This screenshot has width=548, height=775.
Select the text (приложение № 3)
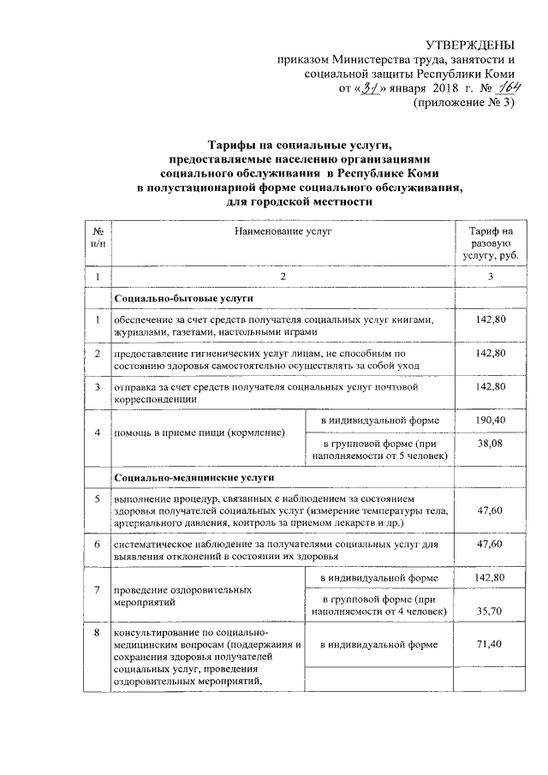point(465,104)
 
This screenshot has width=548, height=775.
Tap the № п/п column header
point(98,237)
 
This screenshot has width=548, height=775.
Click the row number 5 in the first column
point(98,497)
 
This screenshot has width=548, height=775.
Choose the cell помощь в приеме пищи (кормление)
point(202,433)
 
